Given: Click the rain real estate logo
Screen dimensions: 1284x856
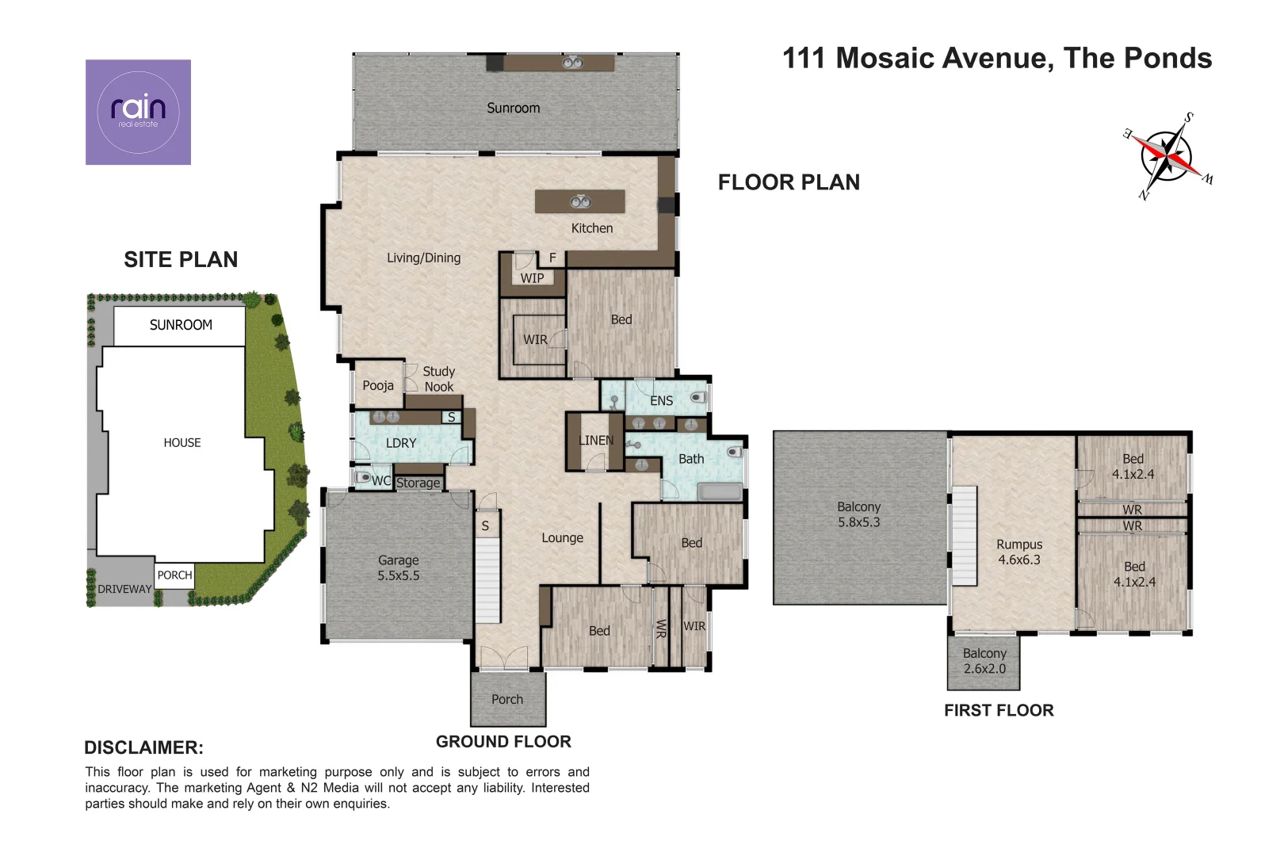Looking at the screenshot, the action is tap(138, 113).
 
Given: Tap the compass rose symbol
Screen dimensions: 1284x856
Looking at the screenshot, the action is tap(1167, 156).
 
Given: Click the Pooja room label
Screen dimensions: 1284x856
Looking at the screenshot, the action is tap(378, 386).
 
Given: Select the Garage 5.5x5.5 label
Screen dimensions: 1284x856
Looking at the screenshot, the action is tap(399, 567).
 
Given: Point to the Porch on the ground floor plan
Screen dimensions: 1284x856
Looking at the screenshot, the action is tap(508, 699).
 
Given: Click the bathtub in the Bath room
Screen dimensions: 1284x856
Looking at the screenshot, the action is tap(720, 492).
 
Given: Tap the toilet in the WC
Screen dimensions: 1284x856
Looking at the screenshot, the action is tap(363, 477).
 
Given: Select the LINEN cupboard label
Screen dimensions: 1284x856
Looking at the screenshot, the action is tap(596, 441).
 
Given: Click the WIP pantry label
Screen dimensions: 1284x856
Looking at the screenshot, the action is tap(532, 278).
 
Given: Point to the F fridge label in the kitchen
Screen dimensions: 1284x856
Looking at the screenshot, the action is tap(552, 258).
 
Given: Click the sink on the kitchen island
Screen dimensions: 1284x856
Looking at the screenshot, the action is tap(581, 202).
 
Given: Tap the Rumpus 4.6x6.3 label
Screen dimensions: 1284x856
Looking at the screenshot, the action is tap(1019, 552).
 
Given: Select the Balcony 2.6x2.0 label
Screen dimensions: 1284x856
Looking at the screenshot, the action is tap(984, 660).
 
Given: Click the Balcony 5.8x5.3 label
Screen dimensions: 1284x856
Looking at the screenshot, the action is tap(858, 514).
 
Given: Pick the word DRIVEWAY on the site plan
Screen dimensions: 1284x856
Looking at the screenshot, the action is tap(124, 589).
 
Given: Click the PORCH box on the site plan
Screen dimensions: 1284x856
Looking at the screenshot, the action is tap(175, 575).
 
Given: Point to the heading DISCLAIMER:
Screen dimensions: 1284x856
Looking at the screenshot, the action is tap(144, 747).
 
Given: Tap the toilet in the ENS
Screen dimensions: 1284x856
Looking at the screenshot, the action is tap(698, 397).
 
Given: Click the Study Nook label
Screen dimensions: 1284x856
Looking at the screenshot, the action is tap(439, 379).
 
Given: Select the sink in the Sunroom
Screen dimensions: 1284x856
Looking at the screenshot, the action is tap(572, 63).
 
